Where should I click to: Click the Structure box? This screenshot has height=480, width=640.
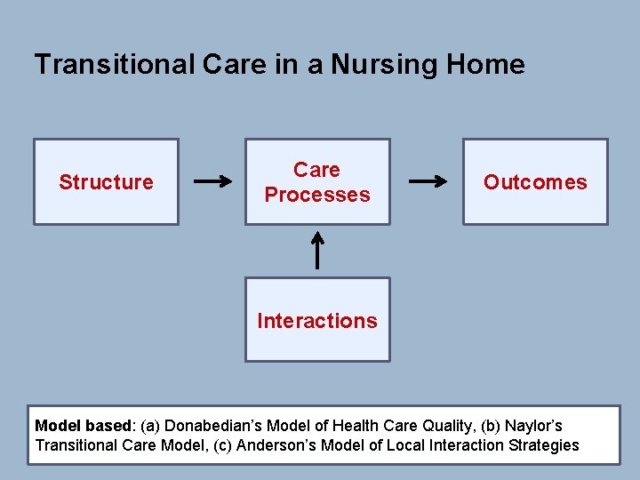pyautogui.click(x=106, y=181)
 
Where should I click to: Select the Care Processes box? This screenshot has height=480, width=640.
pyautogui.click(x=317, y=181)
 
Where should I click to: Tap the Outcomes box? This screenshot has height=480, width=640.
pyautogui.click(x=535, y=181)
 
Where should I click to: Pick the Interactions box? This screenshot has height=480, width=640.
pyautogui.click(x=317, y=320)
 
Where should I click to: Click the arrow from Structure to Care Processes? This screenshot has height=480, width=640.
pyautogui.click(x=212, y=182)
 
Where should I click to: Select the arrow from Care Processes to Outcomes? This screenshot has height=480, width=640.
pyautogui.click(x=427, y=182)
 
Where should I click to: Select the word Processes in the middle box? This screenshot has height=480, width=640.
pyautogui.click(x=317, y=195)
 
